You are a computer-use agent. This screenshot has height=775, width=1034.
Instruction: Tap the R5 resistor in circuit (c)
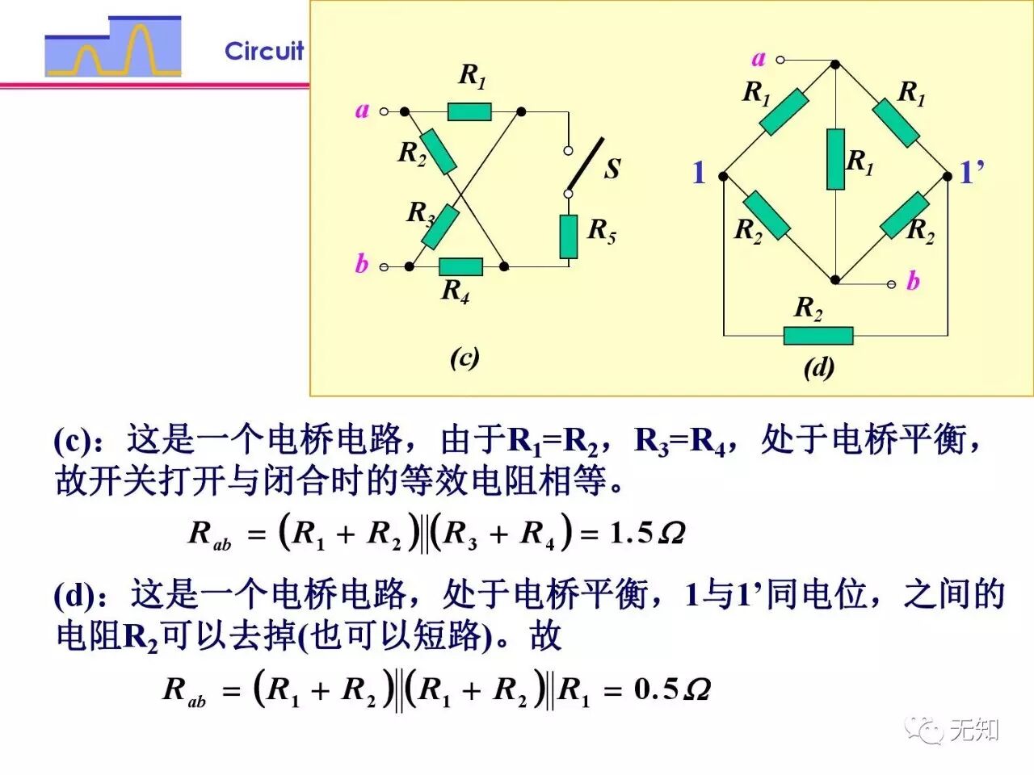click(x=569, y=237)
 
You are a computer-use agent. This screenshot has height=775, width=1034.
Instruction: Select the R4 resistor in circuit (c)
click(x=460, y=266)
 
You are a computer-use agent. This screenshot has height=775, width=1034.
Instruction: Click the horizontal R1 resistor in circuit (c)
click(x=469, y=111)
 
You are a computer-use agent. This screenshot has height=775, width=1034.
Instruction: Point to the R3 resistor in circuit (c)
click(x=440, y=227)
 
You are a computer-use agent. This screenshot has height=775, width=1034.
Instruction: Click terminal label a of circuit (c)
click(x=362, y=110)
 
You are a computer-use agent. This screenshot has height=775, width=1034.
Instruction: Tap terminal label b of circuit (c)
click(x=361, y=263)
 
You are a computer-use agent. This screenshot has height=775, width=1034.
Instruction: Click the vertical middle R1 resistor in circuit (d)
click(x=835, y=159)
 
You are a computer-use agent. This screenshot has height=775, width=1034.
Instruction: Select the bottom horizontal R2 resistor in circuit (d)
click(x=818, y=335)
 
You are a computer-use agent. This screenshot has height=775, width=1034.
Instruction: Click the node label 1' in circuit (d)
click(x=971, y=172)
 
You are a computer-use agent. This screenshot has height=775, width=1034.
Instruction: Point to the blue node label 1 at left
click(x=699, y=172)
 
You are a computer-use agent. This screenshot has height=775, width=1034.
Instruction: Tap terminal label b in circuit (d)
click(x=913, y=281)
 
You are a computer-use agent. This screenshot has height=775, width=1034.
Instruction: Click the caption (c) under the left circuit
click(x=464, y=357)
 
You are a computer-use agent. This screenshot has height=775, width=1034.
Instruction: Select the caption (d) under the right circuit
click(x=818, y=367)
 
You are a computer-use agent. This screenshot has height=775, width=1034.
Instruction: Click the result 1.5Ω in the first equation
click(x=647, y=533)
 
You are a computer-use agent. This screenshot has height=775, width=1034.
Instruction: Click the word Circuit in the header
click(x=264, y=51)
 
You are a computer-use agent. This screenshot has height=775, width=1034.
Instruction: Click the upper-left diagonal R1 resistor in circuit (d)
click(x=784, y=112)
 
